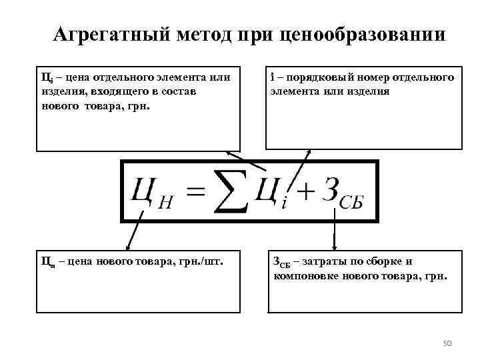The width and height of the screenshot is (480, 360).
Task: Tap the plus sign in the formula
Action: (304, 191)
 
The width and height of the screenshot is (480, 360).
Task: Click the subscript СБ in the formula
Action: (350, 203)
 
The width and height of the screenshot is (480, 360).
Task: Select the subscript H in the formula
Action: (165, 203)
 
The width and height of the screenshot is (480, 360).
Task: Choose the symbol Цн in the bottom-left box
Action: (47, 262)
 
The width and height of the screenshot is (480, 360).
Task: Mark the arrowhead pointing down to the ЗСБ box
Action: (334, 246)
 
